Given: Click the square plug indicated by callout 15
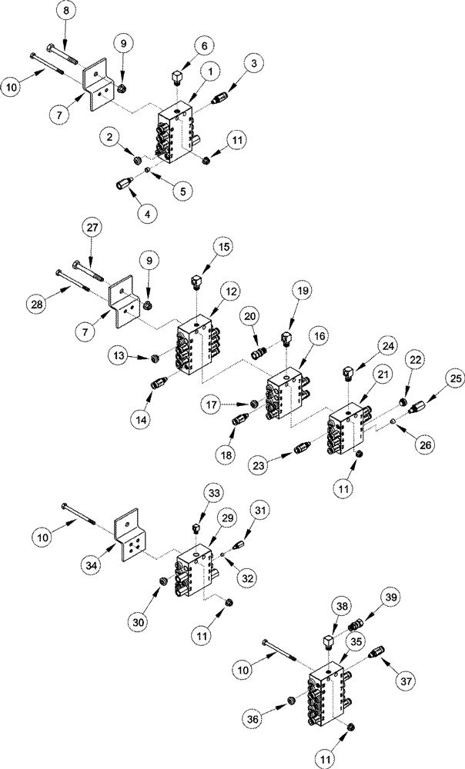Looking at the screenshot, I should (x=196, y=281).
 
